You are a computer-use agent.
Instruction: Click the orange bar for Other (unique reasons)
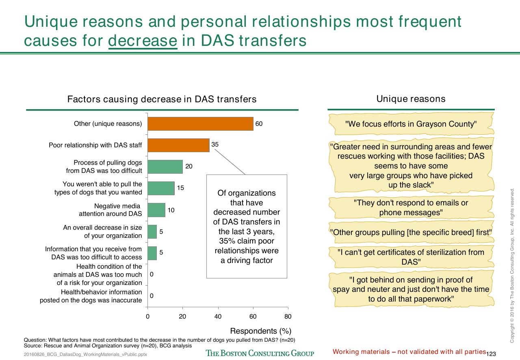click(200, 124)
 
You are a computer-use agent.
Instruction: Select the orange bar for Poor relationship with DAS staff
click(178, 145)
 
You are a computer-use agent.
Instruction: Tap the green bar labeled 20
click(165, 167)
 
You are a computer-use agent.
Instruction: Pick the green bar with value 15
click(161, 188)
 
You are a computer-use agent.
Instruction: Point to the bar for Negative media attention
click(156, 210)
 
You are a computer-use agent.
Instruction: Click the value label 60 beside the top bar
click(259, 124)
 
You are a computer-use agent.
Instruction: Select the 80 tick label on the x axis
click(288, 317)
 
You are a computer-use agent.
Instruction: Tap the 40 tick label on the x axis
click(218, 317)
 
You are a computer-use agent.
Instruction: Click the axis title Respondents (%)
click(260, 331)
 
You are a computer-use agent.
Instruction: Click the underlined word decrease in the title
click(143, 41)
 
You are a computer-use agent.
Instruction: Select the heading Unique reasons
click(411, 99)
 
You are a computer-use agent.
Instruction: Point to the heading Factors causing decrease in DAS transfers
click(162, 99)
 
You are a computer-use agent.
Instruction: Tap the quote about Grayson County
click(411, 124)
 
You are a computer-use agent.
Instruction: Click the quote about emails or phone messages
click(411, 208)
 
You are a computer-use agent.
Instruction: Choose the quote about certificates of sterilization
click(411, 257)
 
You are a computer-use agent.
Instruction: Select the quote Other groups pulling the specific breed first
click(411, 233)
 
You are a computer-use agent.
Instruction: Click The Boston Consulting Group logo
click(260, 353)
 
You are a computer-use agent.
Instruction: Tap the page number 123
click(491, 354)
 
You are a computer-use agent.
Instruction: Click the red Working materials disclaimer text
click(409, 352)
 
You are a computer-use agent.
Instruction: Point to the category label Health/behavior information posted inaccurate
click(91, 296)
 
